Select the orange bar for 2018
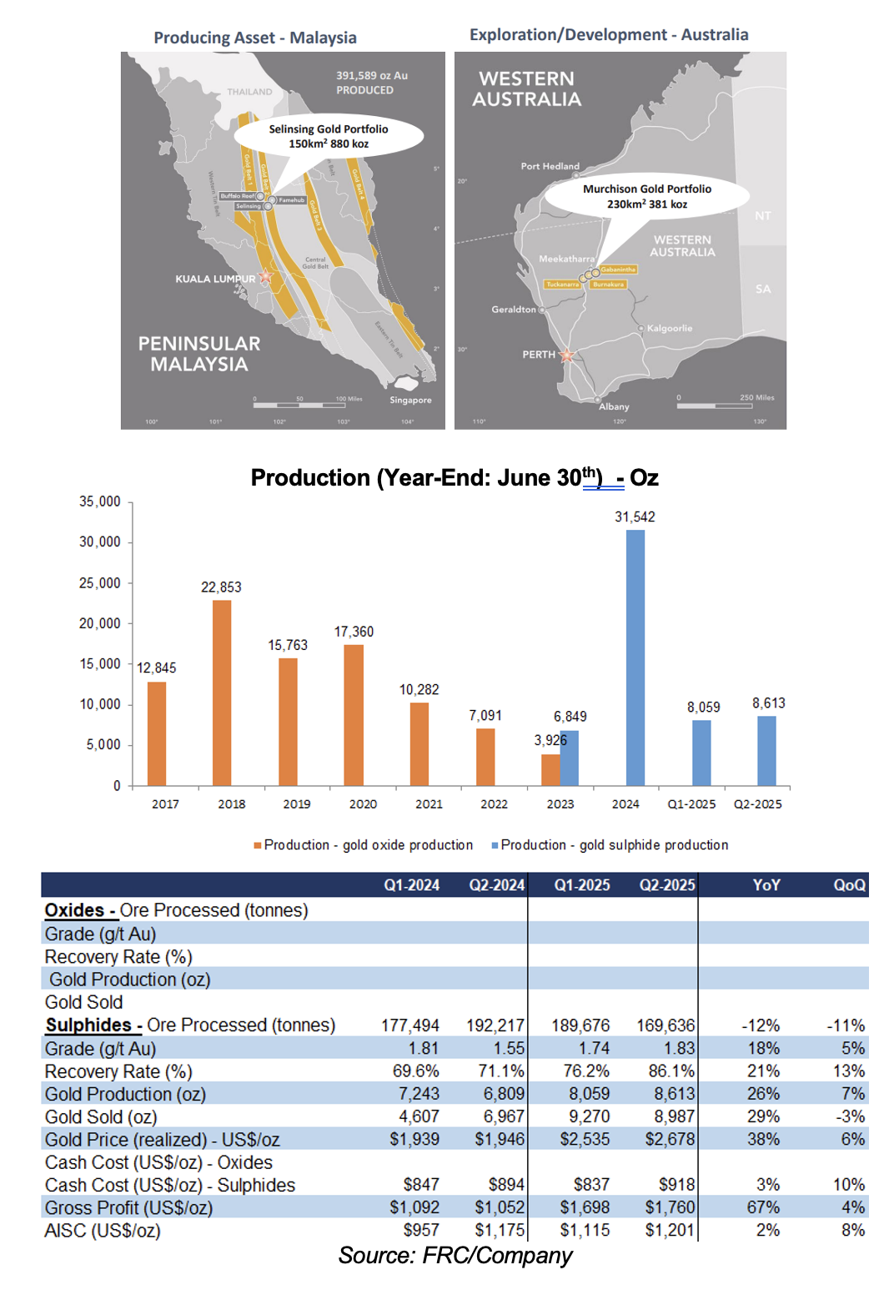222,693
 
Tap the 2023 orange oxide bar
550,769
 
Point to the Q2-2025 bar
766,750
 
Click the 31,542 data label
635,517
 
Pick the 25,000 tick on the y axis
100,583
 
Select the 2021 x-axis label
429,804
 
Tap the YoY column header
766,885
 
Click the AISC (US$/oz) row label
103,1231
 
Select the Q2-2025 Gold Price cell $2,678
670,1140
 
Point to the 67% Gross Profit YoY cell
763,1208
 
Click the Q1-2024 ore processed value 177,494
410,1025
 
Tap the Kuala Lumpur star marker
266,275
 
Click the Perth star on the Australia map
567,355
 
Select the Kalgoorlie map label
669,329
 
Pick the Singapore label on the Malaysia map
410,401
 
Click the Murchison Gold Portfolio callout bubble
646,197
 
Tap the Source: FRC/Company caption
455,1256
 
